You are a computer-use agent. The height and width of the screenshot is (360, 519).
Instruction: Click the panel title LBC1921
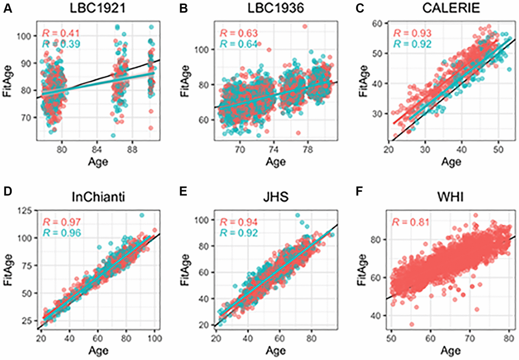[96, 10]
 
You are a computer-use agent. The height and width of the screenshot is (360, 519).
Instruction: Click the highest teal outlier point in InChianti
[142, 215]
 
